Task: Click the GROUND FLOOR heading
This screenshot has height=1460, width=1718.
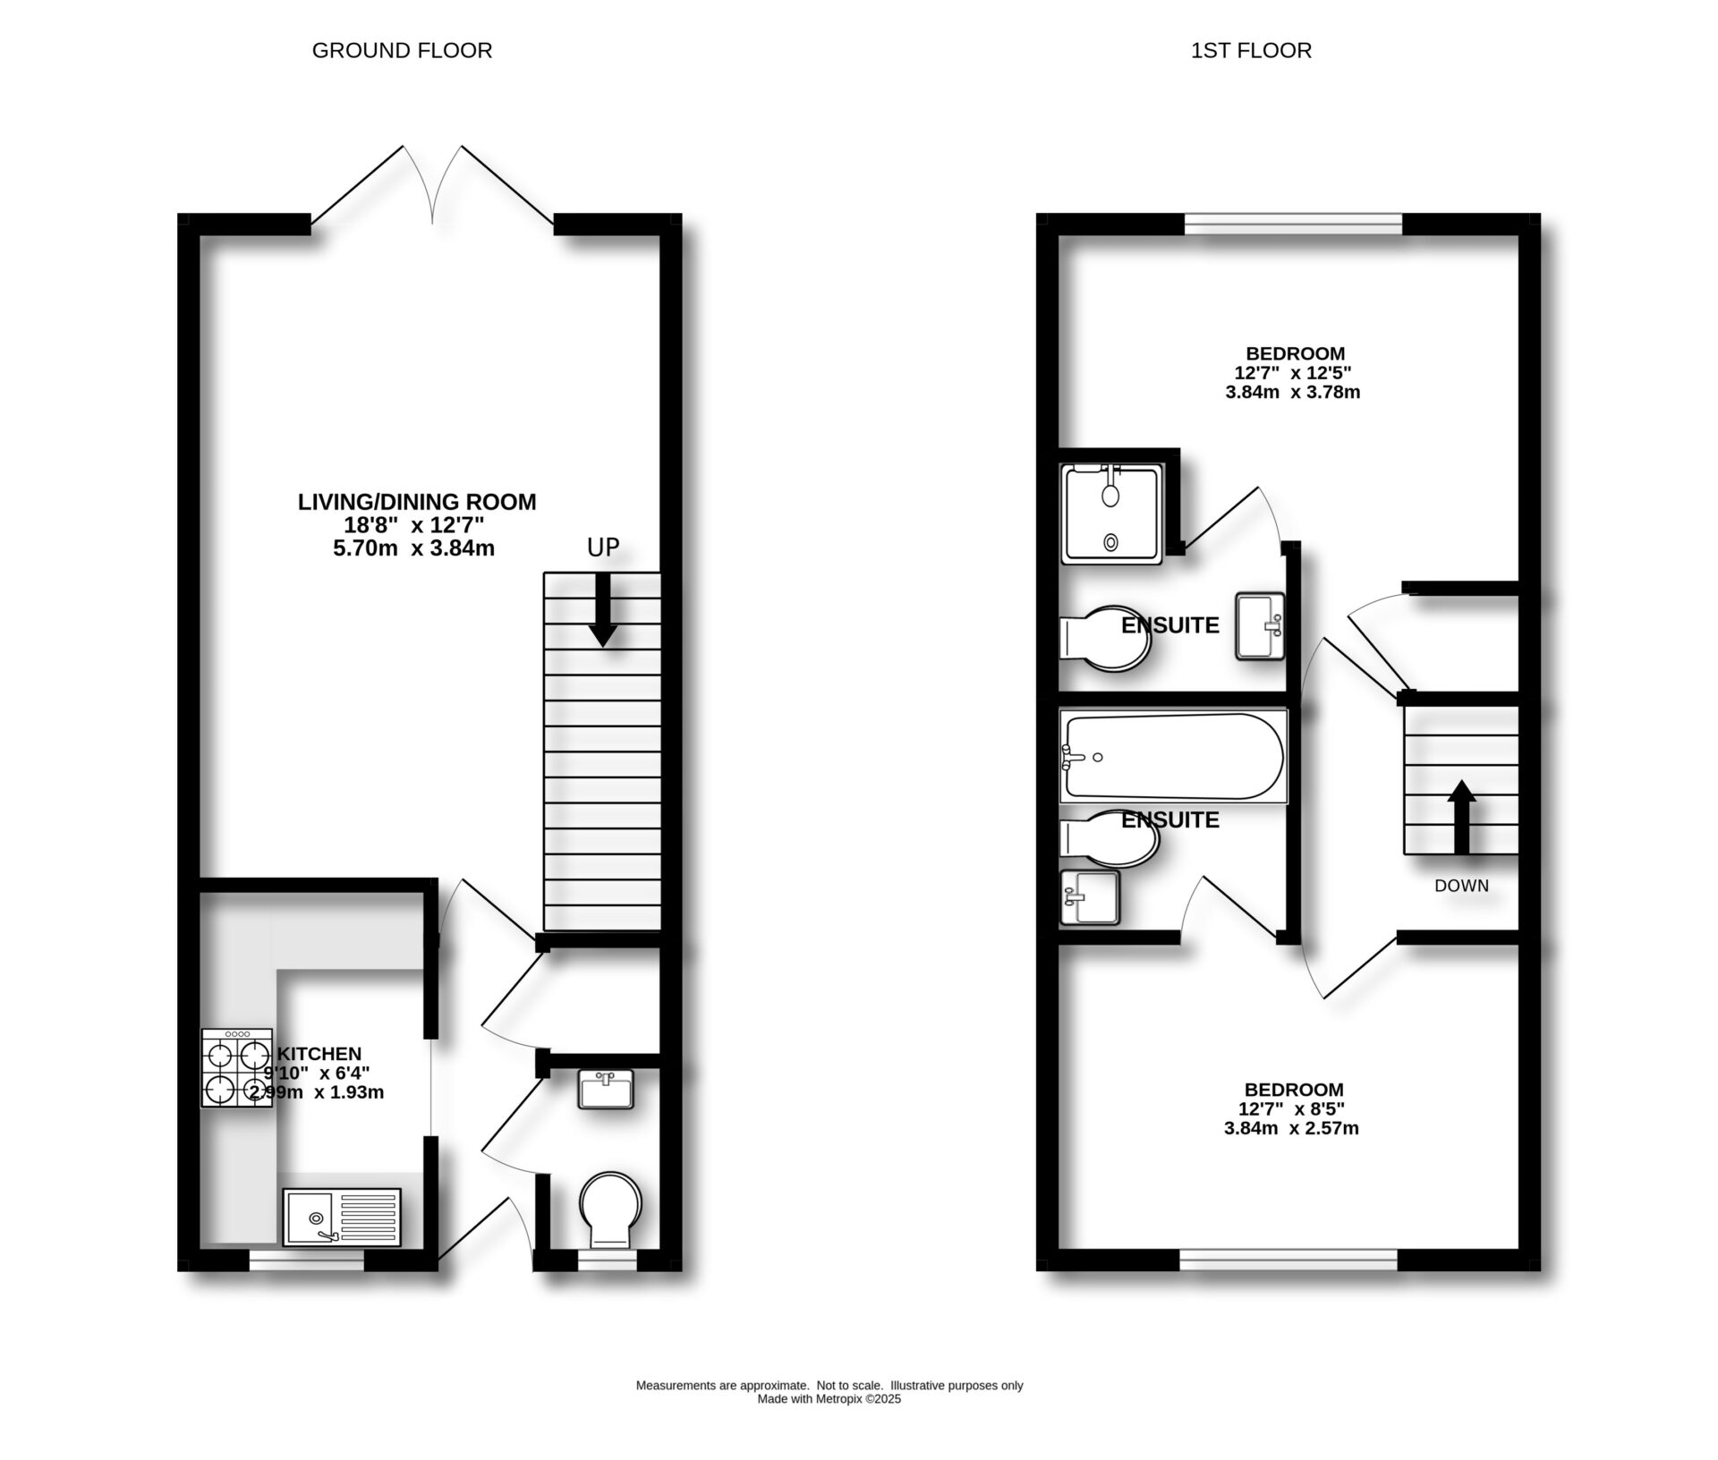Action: tap(402, 50)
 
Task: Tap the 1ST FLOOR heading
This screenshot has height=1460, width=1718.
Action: tap(1251, 50)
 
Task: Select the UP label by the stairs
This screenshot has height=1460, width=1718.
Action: tap(603, 547)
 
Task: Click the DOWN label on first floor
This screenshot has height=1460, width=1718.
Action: tap(1461, 886)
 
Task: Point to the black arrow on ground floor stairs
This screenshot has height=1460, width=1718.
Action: tap(603, 610)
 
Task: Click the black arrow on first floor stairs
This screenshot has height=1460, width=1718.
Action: tap(1461, 817)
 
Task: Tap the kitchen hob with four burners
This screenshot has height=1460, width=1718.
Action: tap(236, 1068)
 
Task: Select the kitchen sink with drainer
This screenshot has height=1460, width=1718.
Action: tap(342, 1217)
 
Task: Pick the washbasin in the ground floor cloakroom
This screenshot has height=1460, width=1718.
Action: tap(606, 1089)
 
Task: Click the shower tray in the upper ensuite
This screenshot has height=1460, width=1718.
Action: tap(1112, 514)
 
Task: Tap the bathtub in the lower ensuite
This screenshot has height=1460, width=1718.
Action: tap(1172, 757)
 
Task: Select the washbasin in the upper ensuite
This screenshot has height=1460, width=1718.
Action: tap(1260, 626)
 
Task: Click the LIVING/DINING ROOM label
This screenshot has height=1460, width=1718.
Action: tap(417, 502)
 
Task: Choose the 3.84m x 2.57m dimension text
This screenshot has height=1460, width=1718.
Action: tap(1291, 1129)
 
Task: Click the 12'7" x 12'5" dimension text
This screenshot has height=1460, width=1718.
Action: tap(1293, 372)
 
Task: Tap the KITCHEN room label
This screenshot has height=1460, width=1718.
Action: tap(319, 1054)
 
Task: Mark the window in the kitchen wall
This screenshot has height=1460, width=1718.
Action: tap(306, 1261)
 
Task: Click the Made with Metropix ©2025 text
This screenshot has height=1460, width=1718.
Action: tap(829, 1399)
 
